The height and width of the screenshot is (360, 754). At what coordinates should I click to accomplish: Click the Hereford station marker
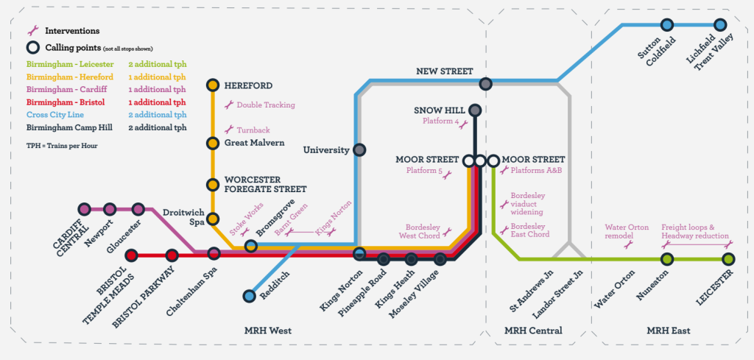coord(213,85)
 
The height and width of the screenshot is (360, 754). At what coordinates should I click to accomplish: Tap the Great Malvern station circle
coord(213,143)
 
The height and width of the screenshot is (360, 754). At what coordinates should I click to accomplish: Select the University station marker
coord(359,149)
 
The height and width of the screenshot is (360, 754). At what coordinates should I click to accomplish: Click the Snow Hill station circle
coord(475,110)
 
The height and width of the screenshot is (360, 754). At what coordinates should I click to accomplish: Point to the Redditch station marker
coord(250,296)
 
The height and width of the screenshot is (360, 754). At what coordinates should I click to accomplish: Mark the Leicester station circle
coord(728,259)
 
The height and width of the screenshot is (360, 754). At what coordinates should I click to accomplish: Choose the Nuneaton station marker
coord(667,259)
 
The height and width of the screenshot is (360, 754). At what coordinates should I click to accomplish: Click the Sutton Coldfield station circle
coord(667,25)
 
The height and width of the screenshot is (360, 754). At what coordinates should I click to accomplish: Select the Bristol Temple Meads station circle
coord(132,255)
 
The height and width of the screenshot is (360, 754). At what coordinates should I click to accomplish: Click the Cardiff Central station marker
coord(85,209)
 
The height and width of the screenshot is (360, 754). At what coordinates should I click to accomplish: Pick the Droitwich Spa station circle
coord(213,219)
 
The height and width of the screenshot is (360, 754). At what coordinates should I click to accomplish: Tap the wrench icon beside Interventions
coord(32,31)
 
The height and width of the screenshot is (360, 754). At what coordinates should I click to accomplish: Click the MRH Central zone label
coord(533,331)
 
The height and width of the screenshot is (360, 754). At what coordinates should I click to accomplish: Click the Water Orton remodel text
coord(627,231)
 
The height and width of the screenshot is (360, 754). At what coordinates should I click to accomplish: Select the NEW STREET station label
coord(443,71)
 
